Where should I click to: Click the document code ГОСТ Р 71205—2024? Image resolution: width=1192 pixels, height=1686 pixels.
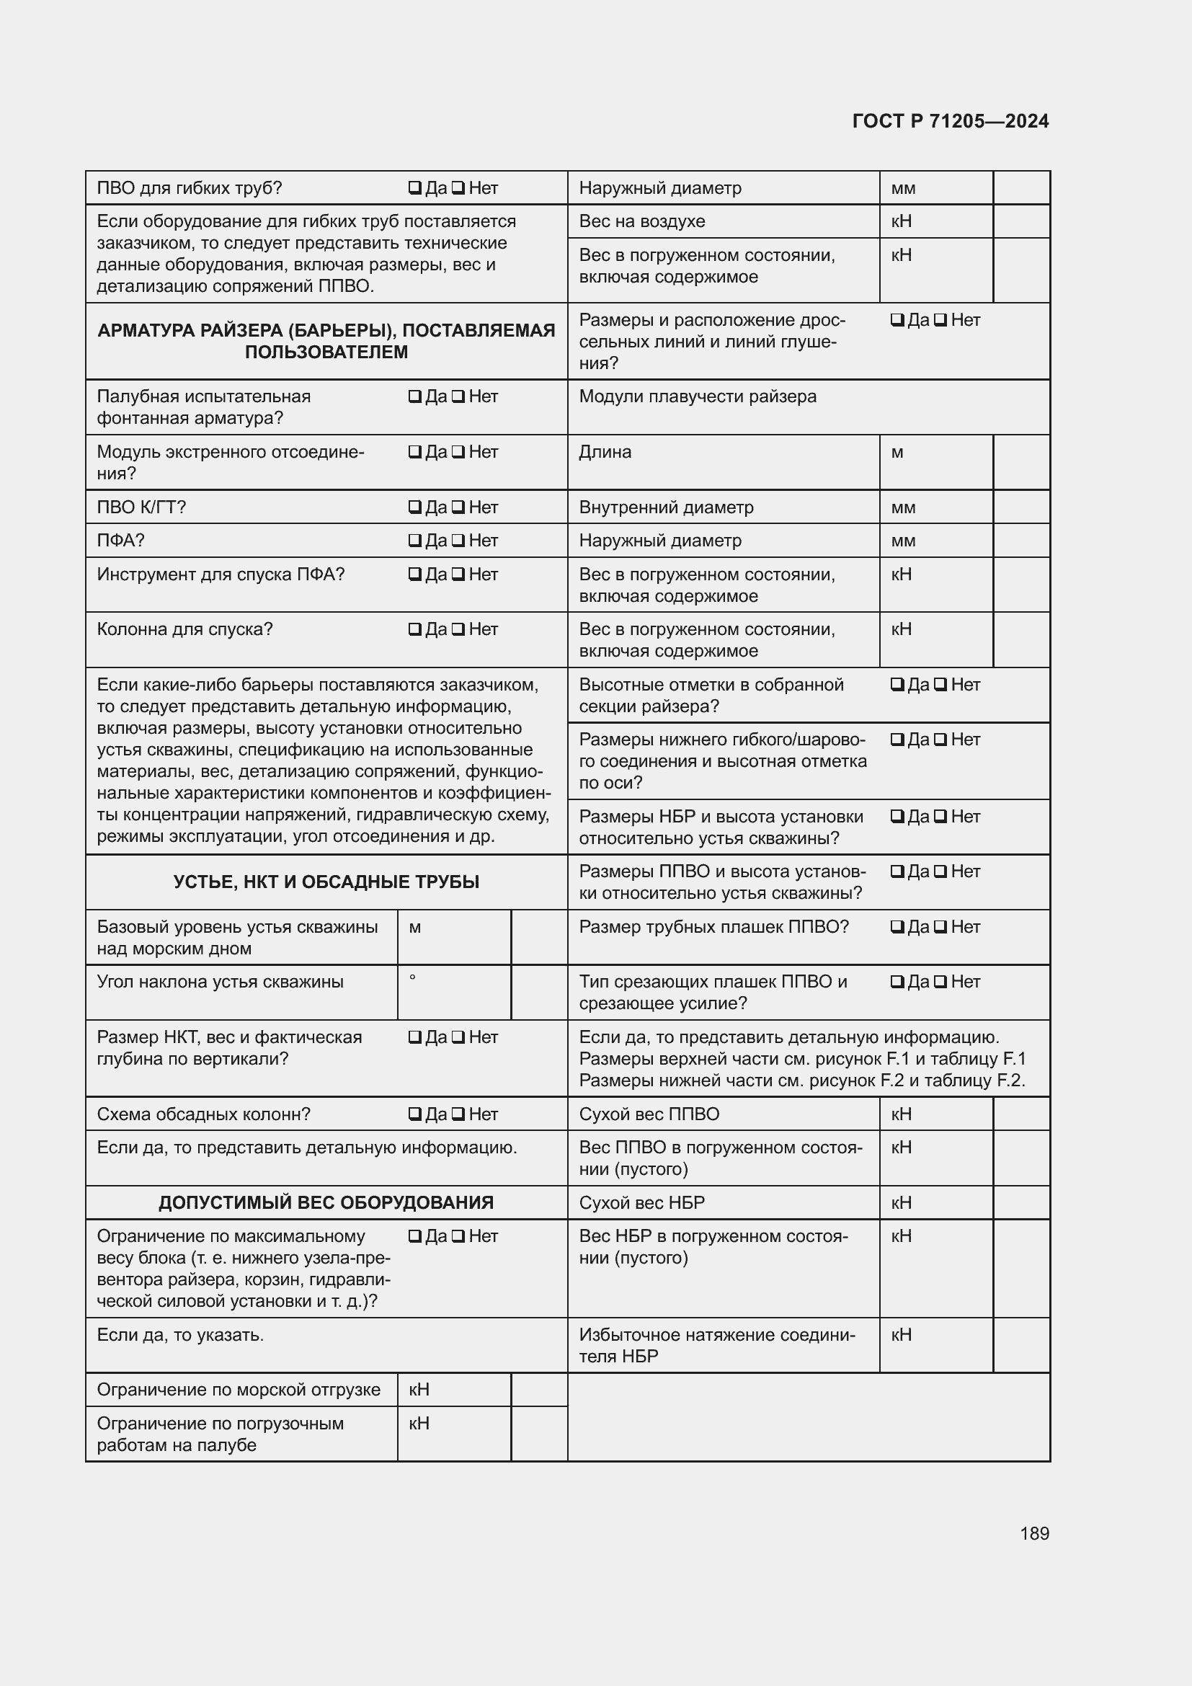click(950, 121)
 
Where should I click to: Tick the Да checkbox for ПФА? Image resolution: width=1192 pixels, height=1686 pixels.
click(414, 541)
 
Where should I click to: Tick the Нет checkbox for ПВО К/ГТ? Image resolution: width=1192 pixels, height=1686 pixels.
click(458, 507)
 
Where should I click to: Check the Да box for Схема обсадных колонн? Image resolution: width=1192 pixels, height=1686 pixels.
click(414, 1114)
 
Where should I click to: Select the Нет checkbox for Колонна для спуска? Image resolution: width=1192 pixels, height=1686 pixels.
click(458, 629)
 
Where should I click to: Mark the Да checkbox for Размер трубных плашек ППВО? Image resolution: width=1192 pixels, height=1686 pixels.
click(897, 927)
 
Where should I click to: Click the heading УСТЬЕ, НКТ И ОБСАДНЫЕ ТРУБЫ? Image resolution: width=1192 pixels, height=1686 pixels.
click(326, 882)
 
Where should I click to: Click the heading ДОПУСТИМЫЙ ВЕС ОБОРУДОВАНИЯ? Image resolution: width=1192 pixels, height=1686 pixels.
click(326, 1202)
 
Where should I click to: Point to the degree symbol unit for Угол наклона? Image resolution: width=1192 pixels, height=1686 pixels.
click(412, 978)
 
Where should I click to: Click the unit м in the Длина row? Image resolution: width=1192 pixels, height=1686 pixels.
click(897, 453)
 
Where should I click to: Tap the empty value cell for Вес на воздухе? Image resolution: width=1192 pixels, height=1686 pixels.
click(1021, 221)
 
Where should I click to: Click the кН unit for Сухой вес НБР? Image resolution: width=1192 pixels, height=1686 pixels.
click(902, 1202)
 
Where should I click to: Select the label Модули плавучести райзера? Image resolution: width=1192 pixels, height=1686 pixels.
click(698, 396)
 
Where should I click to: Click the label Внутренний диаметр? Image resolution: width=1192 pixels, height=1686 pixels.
click(666, 507)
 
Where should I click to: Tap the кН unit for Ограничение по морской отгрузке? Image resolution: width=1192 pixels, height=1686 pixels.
click(419, 1389)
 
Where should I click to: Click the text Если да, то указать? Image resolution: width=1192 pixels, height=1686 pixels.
click(180, 1334)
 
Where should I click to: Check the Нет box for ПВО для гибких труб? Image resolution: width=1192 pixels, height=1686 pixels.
click(458, 188)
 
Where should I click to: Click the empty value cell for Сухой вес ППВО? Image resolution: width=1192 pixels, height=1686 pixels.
click(1021, 1114)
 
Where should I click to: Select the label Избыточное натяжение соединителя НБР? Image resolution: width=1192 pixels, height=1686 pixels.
click(716, 1345)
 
